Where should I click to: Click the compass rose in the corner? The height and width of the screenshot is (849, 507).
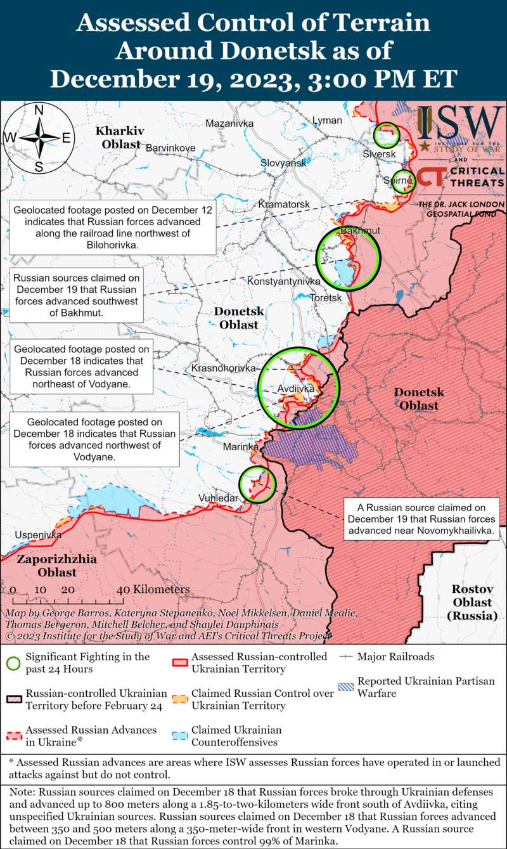(x=39, y=138)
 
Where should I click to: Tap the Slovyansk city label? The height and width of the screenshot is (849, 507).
(x=283, y=163)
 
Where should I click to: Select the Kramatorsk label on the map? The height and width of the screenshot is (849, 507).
(x=284, y=204)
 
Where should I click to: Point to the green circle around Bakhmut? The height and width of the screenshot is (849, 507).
(x=347, y=259)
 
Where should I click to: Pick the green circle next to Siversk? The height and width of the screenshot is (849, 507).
(x=386, y=134)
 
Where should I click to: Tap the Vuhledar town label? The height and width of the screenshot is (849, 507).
(x=218, y=498)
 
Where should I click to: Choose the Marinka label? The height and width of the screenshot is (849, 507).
(x=241, y=447)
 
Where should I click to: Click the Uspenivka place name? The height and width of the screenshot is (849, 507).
(x=38, y=535)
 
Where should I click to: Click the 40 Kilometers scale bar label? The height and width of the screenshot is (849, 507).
(x=153, y=589)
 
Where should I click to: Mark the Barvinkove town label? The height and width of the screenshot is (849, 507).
(x=170, y=148)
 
